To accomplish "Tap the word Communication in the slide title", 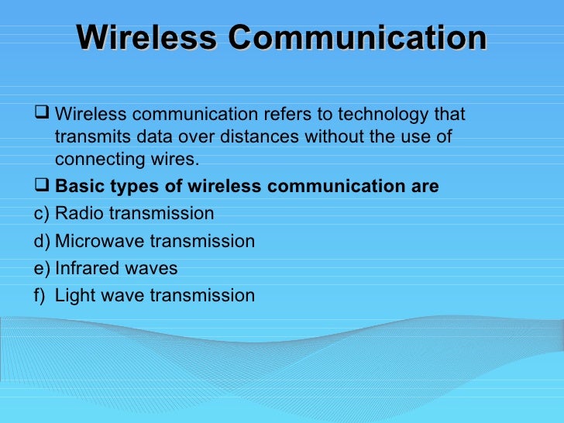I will coord(357,38).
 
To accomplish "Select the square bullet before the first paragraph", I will coord(43,115).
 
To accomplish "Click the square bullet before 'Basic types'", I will coord(43,187).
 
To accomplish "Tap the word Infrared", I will coord(86,268).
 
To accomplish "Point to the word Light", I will coord(74,295).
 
